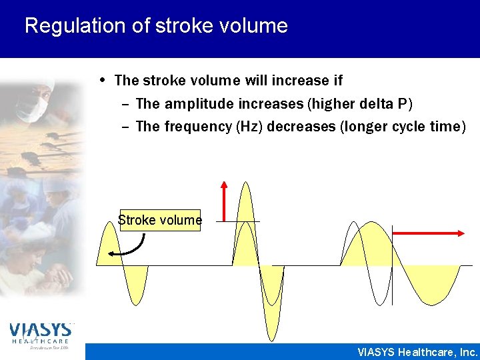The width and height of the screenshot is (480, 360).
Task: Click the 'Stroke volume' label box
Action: (160, 220)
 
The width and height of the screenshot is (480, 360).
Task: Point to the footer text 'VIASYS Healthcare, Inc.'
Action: (418, 351)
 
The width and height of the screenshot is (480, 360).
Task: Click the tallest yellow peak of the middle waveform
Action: (246, 207)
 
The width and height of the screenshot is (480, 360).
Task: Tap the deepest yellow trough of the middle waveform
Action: (272, 307)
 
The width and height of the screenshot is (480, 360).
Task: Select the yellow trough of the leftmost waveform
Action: (135, 283)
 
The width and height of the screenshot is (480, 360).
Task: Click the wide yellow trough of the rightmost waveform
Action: (433, 280)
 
